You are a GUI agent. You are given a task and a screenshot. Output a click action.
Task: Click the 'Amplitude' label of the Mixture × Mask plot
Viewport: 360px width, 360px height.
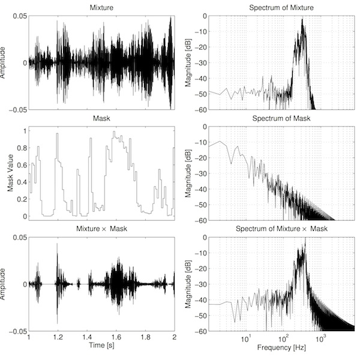5,284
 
